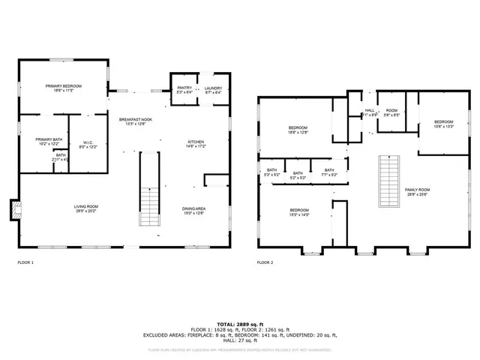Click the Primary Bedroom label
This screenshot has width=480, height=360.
pos(63,88)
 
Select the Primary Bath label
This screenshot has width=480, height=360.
pos(43,142)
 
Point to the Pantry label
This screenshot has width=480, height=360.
pos(184,90)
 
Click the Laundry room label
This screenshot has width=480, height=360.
pos(213,90)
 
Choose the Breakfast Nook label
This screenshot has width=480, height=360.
pos(136,121)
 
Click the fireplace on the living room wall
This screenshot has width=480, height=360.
pos(13,210)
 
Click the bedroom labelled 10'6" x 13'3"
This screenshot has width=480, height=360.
pos(443,124)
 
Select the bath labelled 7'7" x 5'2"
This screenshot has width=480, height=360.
pos(329,173)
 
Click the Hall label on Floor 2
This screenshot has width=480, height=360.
pos(370,112)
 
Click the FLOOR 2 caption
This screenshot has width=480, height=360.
pos(265,263)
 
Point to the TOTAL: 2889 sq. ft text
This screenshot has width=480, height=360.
pos(240,322)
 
